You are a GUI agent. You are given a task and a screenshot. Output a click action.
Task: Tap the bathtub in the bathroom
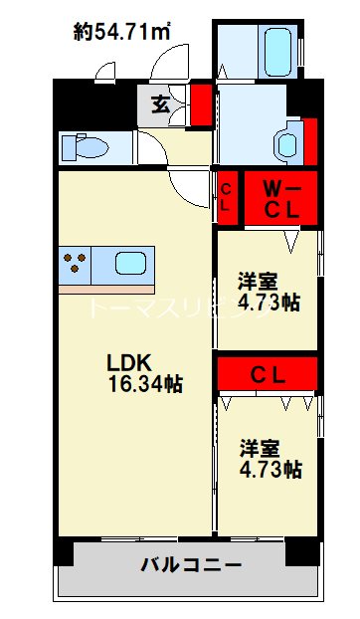[275, 45]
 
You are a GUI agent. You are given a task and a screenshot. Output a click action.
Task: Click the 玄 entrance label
[159, 102]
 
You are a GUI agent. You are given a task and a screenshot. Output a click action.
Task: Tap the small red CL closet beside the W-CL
[228, 198]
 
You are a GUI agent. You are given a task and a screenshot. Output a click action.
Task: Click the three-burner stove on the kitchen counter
[75, 264]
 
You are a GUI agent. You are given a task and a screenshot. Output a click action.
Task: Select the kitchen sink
[132, 264]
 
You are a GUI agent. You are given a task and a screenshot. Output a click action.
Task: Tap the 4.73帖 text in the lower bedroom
[270, 470]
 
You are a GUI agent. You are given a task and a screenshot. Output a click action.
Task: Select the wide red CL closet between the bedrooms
[267, 375]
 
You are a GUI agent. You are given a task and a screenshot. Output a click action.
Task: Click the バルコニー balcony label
[191, 566]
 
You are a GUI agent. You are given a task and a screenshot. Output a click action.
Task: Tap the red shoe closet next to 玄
[201, 103]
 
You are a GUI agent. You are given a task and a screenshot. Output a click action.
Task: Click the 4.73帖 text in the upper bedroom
[270, 303]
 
